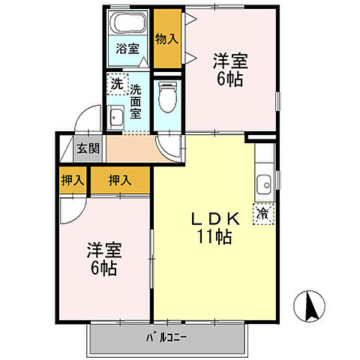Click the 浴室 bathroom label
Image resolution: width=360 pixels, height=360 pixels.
[x=127, y=49]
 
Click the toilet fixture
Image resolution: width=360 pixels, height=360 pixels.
[x=167, y=96]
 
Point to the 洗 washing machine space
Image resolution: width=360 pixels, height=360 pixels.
[x=116, y=85]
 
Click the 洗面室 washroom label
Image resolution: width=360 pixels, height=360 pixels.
[x=136, y=101]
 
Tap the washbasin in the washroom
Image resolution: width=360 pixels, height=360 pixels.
[x=116, y=117]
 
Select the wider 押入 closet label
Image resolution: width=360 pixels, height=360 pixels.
[x=120, y=180]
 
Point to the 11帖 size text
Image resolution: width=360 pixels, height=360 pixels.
[x=215, y=238]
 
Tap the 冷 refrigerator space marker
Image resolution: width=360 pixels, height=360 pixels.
[x=263, y=213]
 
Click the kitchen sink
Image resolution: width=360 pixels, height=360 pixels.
[x=264, y=184]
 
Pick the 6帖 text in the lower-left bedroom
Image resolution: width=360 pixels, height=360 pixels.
[x=105, y=268]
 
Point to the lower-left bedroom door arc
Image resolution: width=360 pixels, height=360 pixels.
[x=73, y=208]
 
